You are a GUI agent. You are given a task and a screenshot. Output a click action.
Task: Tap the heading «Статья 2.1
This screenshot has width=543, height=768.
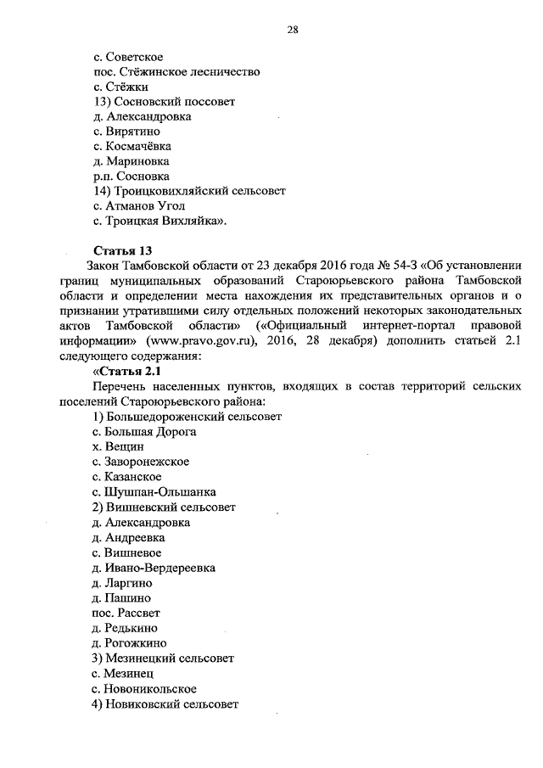click(x=126, y=372)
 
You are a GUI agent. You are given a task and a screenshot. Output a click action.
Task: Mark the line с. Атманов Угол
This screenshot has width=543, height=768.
click(x=139, y=206)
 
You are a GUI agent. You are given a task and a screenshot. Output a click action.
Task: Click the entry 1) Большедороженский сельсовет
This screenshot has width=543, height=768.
click(x=187, y=417)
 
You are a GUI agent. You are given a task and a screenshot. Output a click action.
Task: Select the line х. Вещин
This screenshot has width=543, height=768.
click(x=118, y=446)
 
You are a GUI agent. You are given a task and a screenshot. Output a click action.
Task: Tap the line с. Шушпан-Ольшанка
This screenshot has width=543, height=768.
click(x=154, y=491)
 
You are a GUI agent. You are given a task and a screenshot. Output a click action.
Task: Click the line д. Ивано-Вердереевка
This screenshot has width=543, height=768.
click(x=154, y=567)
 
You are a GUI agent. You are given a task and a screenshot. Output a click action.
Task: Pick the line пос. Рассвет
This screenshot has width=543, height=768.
click(x=126, y=612)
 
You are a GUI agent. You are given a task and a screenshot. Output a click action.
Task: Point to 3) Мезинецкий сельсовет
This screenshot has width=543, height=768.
click(x=163, y=658)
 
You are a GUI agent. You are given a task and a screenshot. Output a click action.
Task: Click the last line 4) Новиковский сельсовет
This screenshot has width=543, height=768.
click(x=165, y=703)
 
